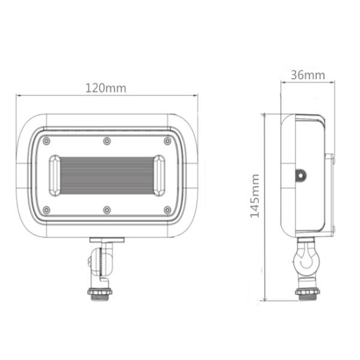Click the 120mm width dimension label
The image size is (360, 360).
click(106, 88)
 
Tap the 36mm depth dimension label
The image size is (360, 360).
click(307, 75)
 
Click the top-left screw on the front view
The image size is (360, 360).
click(46, 141)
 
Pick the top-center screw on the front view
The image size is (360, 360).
click(107, 141)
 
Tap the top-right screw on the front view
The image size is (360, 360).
click(167, 141)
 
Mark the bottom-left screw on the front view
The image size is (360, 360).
click(46, 209)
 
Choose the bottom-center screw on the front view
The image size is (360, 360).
click(107, 209)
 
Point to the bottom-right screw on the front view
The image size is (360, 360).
click(167, 209)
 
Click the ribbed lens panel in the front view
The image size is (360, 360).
click(107, 175)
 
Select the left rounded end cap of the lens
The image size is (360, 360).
click(55, 175)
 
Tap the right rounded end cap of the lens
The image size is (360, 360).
click(159, 175)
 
